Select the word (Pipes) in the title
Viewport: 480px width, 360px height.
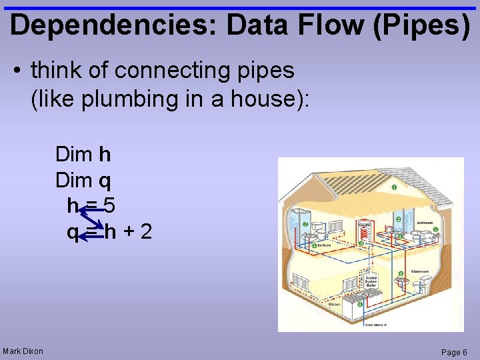coord(419,25)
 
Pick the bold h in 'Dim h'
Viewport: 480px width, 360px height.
coord(104,155)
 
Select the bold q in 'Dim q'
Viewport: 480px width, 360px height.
coord(105,180)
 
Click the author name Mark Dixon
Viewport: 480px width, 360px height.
coord(23,351)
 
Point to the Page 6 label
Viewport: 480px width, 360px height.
coord(455,352)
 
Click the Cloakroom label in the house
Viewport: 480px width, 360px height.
coord(419,271)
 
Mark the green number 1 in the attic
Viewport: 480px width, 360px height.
coord(394,187)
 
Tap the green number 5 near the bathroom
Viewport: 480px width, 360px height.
coord(435,230)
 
